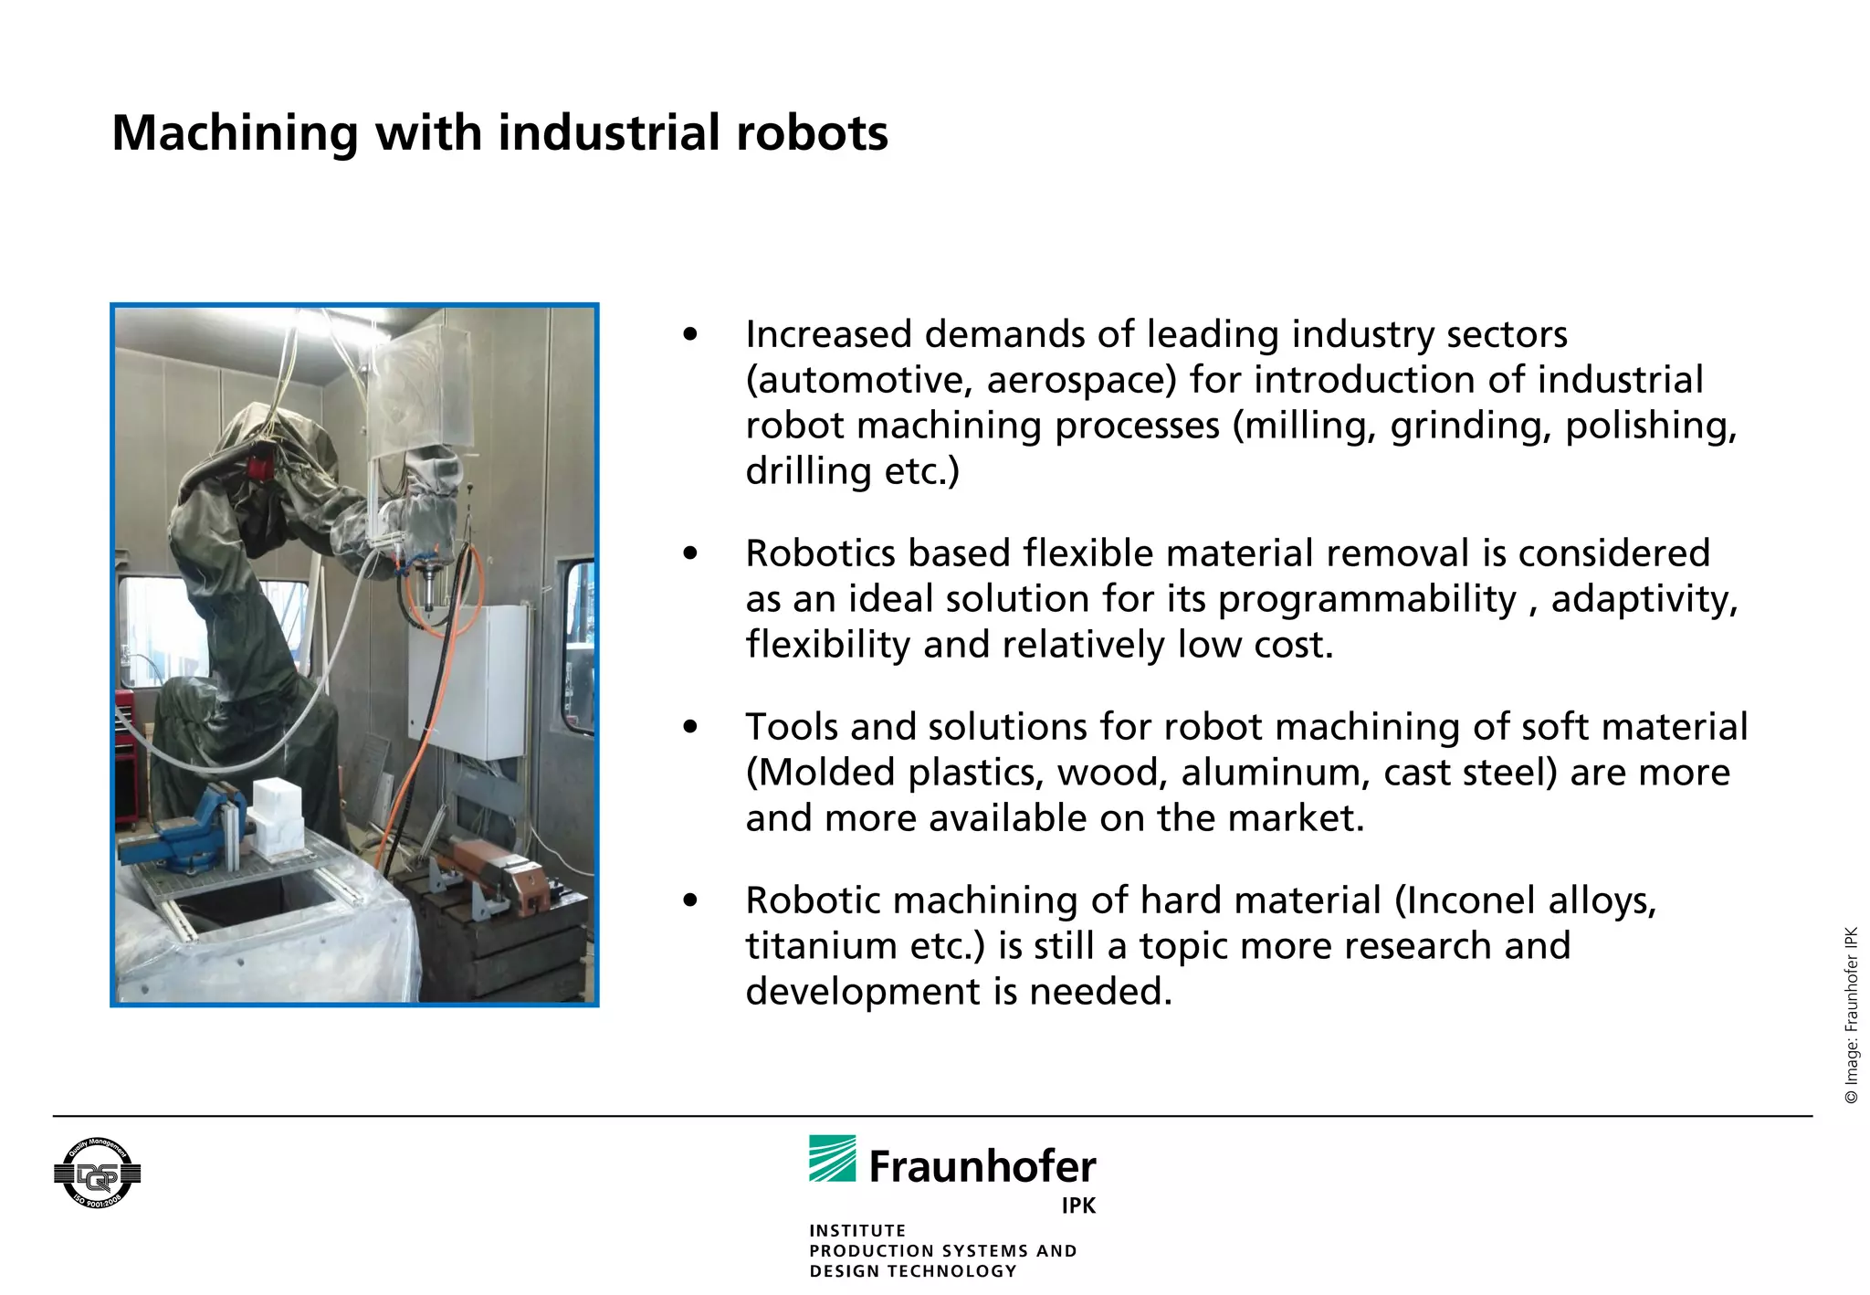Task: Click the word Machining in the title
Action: pos(233,133)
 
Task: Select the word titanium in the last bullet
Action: pos(819,946)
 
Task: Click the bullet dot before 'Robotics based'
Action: pos(690,553)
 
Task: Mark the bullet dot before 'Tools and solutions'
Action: pos(690,727)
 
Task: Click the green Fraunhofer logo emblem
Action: pos(832,1159)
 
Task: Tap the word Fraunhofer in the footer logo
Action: pos(982,1167)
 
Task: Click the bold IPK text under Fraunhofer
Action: pos(1078,1206)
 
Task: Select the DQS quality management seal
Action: pos(97,1174)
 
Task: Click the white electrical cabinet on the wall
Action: pos(467,680)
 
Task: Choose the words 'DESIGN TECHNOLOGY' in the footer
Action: pos(912,1271)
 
